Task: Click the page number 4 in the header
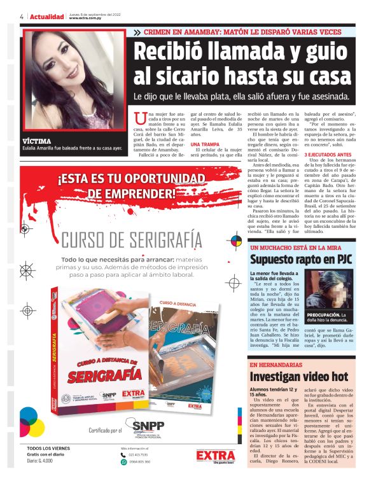(22, 17)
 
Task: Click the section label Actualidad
(47, 17)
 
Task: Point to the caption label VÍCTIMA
(36, 141)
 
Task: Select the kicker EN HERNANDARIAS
(275, 365)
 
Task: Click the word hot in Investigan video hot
(335, 377)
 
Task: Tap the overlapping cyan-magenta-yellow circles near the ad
(31, 419)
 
